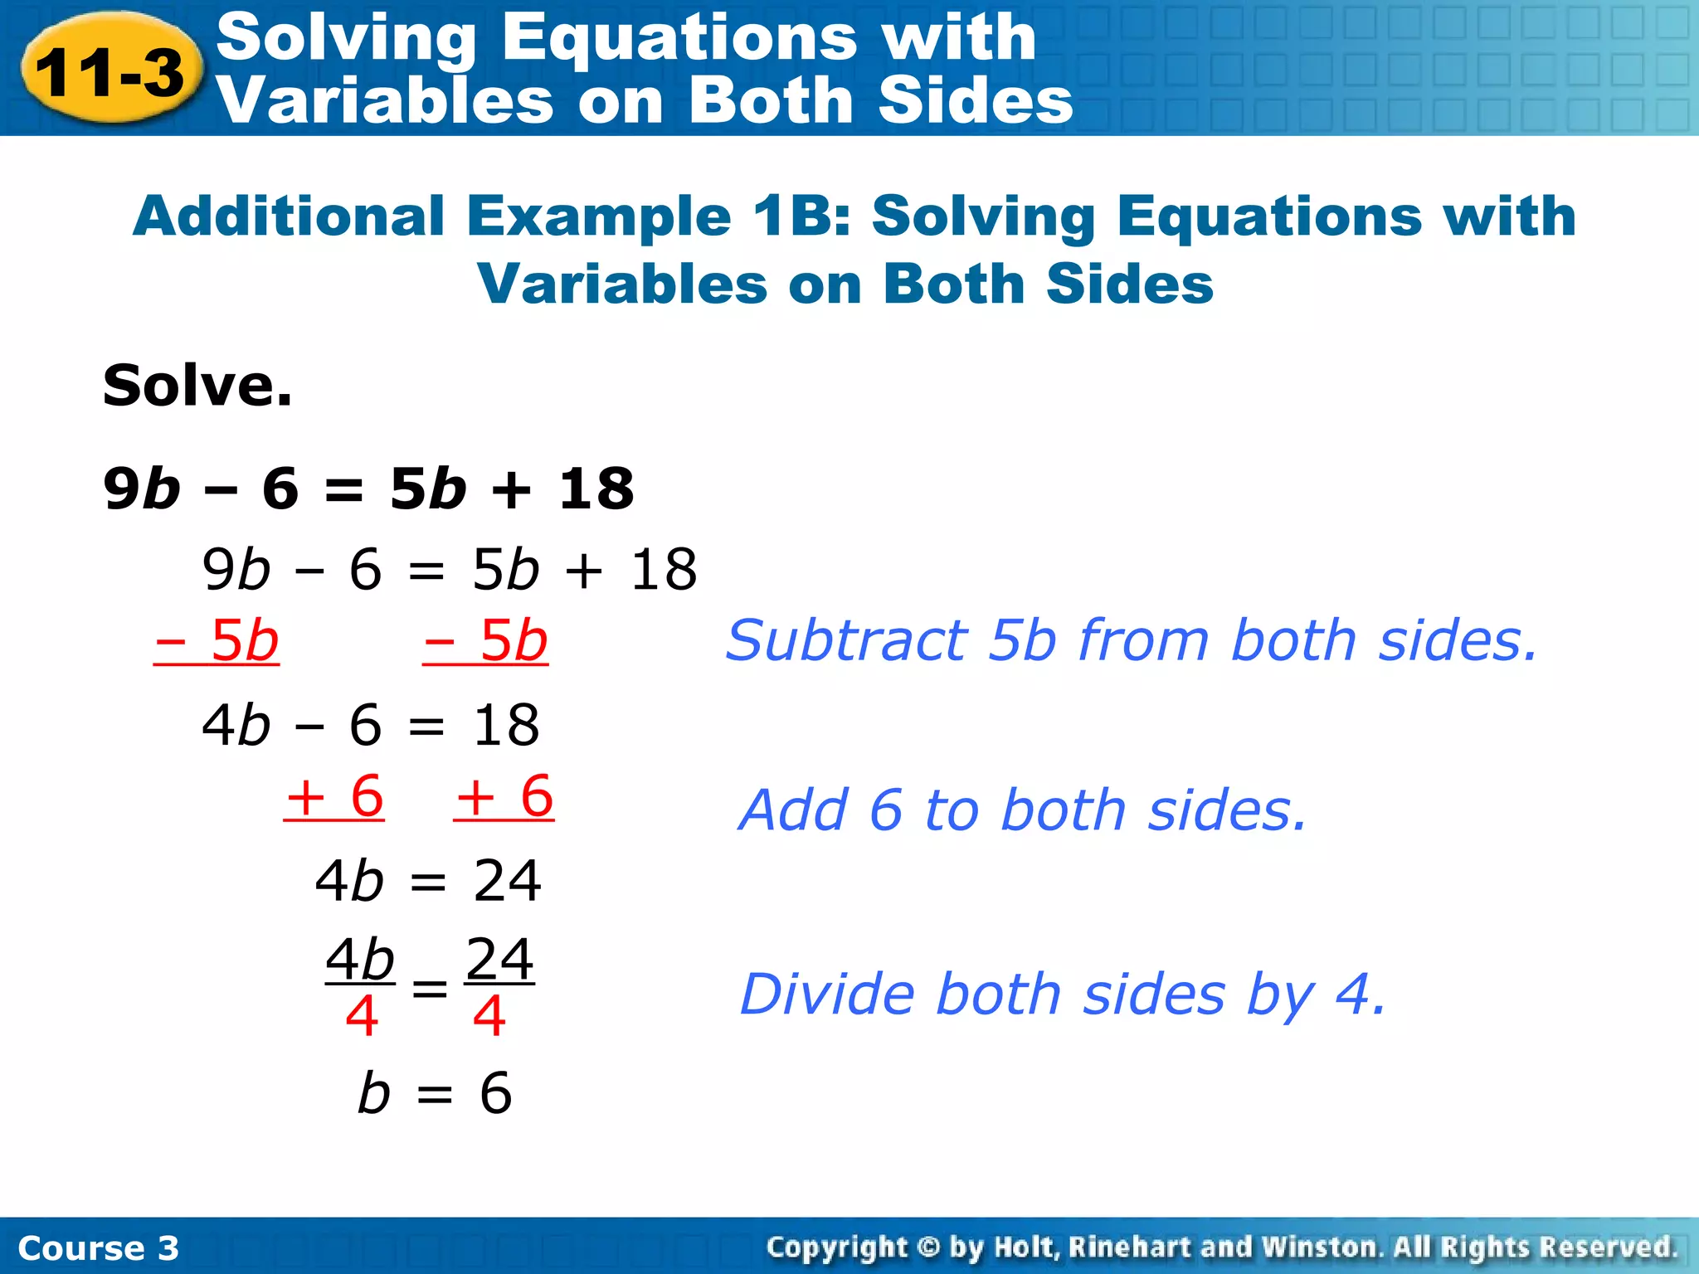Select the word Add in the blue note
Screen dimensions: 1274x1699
pyautogui.click(x=793, y=810)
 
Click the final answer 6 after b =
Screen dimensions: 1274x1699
pyautogui.click(x=496, y=1092)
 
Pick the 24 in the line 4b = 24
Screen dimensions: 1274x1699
pyautogui.click(x=507, y=880)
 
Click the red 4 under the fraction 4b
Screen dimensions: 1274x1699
pyautogui.click(x=362, y=1017)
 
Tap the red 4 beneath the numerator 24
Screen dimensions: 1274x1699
pyautogui.click(x=489, y=1017)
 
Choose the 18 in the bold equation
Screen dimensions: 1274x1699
pyautogui.click(x=596, y=489)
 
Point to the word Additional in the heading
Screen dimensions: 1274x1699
pyautogui.click(x=289, y=216)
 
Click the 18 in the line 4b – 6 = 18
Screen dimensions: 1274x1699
pyautogui.click(x=506, y=725)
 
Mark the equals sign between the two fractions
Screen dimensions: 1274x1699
pyautogui.click(x=430, y=988)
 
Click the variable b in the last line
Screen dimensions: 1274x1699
pyautogui.click(x=373, y=1092)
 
